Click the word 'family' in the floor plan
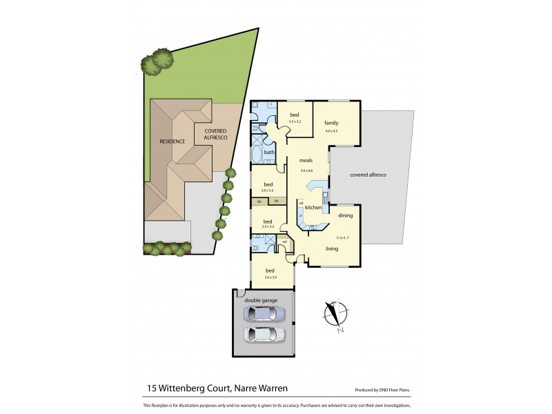(x=331, y=123)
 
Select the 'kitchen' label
(x=313, y=208)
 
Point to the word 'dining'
(x=346, y=216)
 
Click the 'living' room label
(x=332, y=248)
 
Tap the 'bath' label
(x=268, y=152)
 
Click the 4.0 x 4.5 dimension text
(x=331, y=130)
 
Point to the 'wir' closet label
(x=284, y=241)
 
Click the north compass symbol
(x=333, y=314)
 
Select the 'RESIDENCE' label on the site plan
(x=172, y=141)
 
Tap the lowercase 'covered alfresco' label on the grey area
(x=368, y=175)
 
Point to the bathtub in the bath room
(x=257, y=153)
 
